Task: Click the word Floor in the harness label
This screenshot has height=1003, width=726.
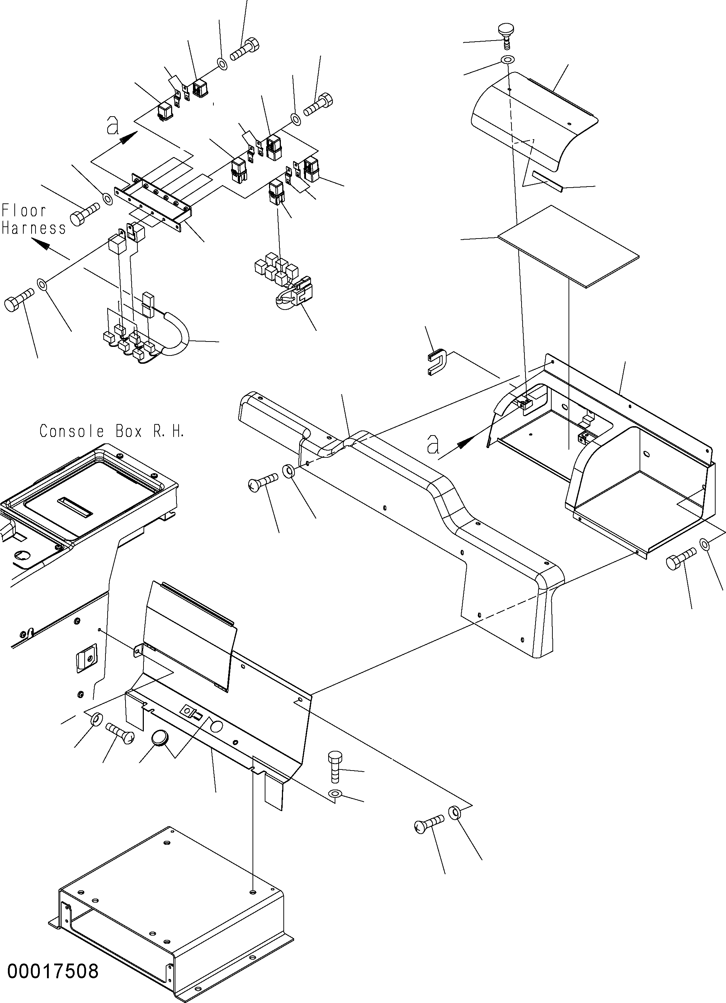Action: (24, 211)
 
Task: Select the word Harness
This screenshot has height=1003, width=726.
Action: (34, 228)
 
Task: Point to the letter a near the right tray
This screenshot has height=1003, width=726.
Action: (433, 444)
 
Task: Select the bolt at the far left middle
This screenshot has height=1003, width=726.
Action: (19, 299)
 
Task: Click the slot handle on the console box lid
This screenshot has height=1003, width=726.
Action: (75, 507)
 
